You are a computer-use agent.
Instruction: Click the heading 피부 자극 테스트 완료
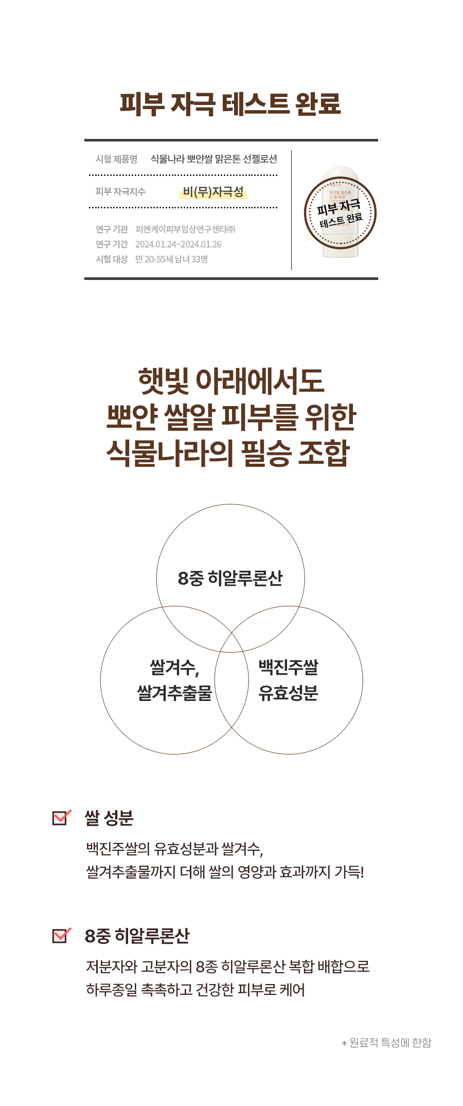[230, 103]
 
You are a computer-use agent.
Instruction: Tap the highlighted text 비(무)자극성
[213, 192]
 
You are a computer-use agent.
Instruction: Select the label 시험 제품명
[116, 159]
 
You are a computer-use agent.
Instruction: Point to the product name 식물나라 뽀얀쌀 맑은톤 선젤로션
[213, 159]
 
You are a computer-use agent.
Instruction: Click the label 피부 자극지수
[120, 191]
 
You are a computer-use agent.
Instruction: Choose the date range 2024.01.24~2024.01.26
[178, 244]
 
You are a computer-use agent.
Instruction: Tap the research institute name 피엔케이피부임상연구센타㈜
[185, 230]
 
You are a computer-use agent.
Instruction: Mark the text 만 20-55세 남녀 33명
[171, 259]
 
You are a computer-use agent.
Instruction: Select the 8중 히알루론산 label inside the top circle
[230, 578]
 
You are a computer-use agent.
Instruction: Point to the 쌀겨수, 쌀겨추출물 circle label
[174, 680]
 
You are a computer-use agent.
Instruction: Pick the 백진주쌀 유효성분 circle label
[288, 680]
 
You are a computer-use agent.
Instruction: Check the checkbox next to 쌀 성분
[61, 817]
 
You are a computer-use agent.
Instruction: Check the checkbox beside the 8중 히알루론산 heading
[61, 935]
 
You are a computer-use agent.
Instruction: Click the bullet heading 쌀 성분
[109, 818]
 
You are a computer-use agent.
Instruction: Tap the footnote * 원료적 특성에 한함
[386, 1043]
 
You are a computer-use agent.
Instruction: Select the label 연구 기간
[112, 244]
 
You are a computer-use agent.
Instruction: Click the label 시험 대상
[112, 259]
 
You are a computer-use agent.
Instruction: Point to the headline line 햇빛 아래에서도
[231, 381]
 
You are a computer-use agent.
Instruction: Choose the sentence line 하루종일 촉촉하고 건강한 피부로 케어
[195, 990]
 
